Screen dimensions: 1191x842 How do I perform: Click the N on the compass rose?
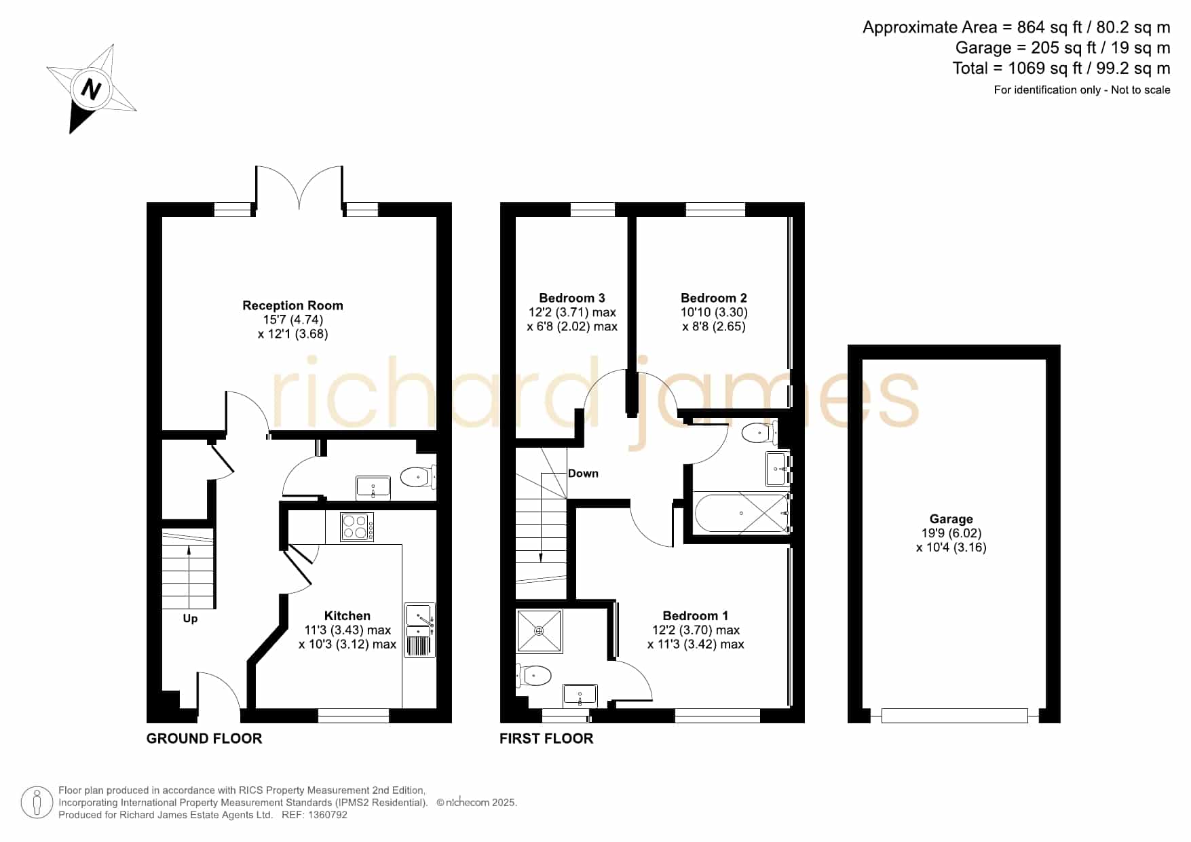coord(92,90)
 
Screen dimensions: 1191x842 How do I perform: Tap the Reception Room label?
coord(292,305)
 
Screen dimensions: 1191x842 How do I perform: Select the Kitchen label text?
coord(347,615)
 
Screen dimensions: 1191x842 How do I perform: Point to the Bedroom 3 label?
coord(571,298)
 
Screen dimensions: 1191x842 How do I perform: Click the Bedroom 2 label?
coord(713,298)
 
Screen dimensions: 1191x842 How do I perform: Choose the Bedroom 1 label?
coord(695,615)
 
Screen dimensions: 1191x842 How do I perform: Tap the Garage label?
coord(951,519)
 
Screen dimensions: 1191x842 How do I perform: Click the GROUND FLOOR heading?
coord(204,738)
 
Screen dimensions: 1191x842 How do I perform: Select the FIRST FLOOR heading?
coord(546,738)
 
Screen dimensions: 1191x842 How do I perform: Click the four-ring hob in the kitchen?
coord(357,527)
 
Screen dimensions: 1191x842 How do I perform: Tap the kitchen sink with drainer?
coord(420,630)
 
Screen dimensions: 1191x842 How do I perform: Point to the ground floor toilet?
coord(418,477)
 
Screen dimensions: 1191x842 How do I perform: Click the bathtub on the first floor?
coord(742,514)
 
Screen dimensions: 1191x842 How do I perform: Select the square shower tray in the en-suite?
coord(540,631)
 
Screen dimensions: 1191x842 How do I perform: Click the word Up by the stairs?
coord(190,619)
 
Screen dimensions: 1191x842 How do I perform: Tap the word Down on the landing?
coord(583,474)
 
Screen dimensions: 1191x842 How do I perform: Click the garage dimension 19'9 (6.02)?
coord(951,533)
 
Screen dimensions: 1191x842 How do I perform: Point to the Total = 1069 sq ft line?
coord(1061,68)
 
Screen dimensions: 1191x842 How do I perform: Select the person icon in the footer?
coord(37,803)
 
